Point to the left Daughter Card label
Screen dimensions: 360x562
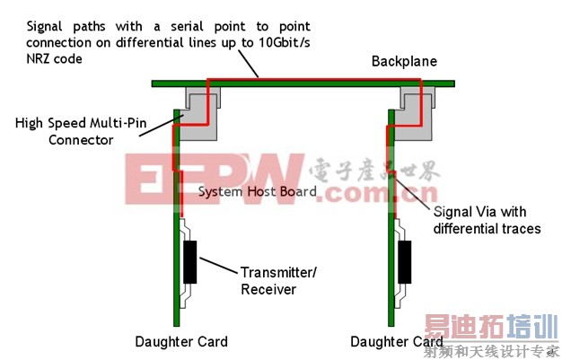pyautogui.click(x=181, y=341)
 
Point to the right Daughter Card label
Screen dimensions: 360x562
pyautogui.click(x=397, y=341)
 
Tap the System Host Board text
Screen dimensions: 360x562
pyautogui.click(x=257, y=191)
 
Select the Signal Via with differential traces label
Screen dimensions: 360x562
pyautogui.click(x=487, y=220)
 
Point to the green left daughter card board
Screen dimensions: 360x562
pyautogui.click(x=177, y=296)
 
